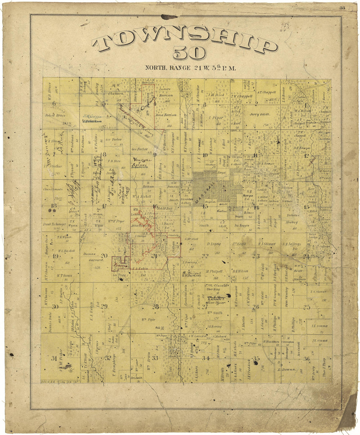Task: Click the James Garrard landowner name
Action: (x=89, y=257)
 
